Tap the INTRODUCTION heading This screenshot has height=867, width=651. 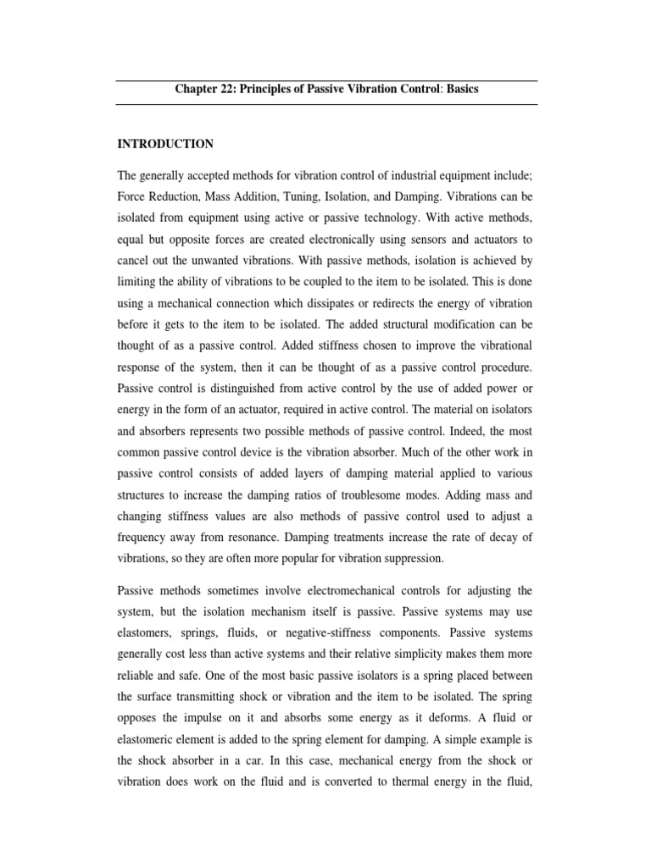(x=165, y=143)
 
